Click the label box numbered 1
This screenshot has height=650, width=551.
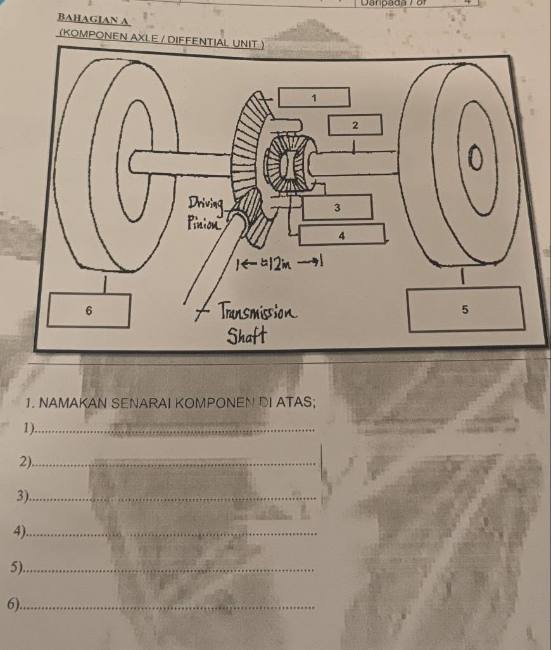314,97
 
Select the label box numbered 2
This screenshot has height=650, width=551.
355,125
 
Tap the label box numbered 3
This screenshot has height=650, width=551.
337,207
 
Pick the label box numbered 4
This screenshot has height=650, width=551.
341,234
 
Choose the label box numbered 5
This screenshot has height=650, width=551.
466,309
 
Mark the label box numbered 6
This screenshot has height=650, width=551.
89,310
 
